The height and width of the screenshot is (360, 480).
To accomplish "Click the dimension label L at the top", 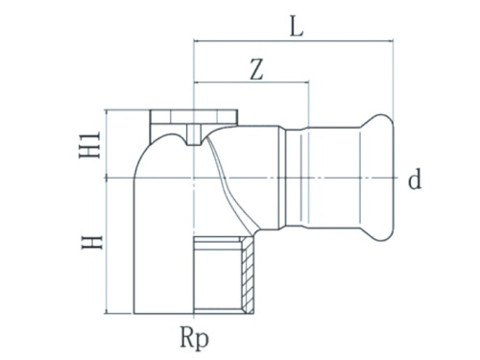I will tap(296, 27).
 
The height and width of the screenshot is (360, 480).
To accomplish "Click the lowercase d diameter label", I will tap(415, 180).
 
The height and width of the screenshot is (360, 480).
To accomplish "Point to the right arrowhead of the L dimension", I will tap(388, 41).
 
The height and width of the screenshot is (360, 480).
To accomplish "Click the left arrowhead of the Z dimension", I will tap(199, 84).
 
